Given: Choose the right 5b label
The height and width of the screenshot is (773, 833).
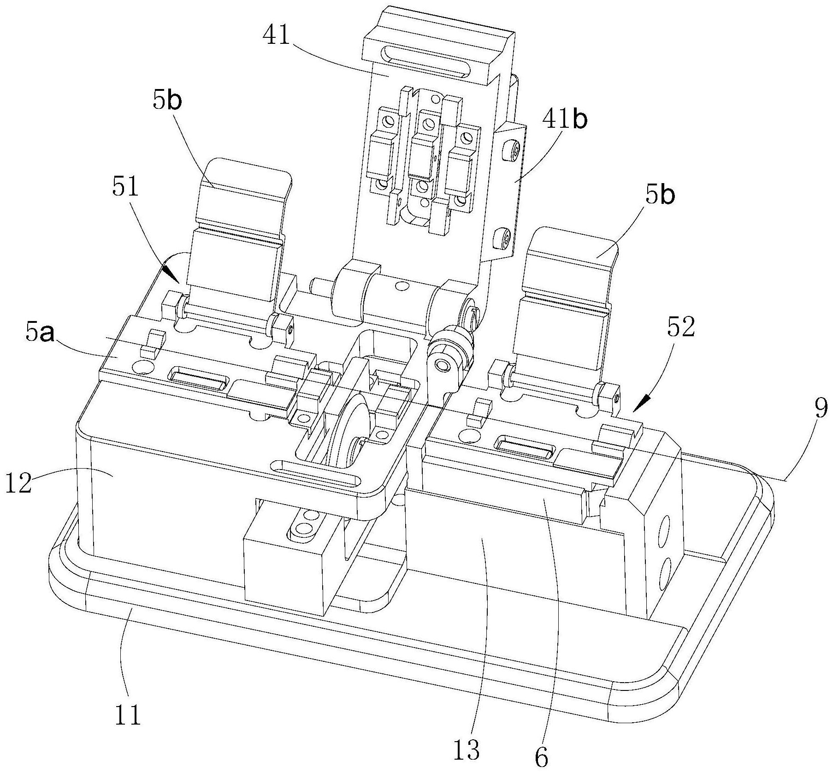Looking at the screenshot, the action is (x=660, y=196).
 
